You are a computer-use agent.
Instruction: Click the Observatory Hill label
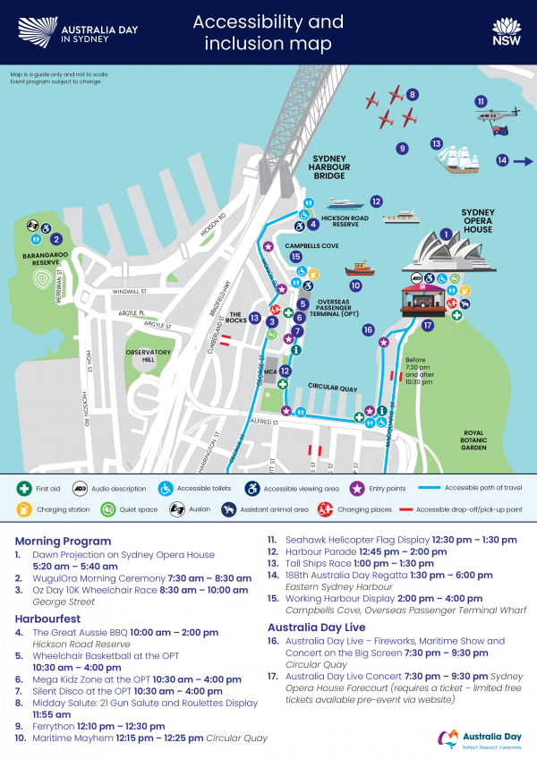[148, 355]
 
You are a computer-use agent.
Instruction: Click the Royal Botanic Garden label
[473, 440]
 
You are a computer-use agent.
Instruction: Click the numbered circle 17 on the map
[428, 325]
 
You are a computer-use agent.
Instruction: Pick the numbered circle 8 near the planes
[412, 94]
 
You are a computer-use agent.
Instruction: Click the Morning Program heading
[63, 541]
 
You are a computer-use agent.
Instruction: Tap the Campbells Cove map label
[311, 244]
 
